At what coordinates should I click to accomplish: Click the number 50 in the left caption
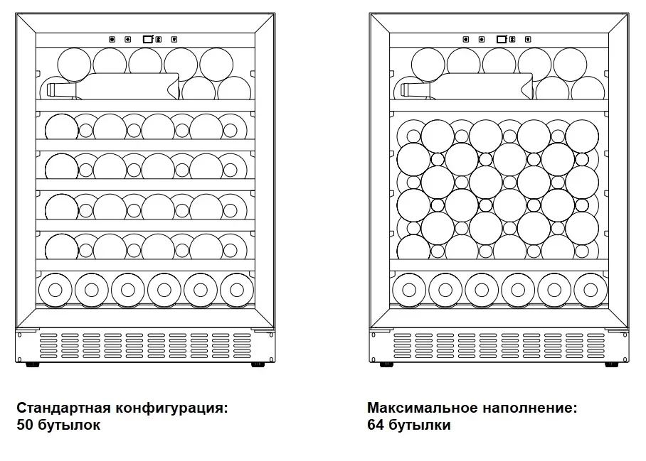click(x=25, y=425)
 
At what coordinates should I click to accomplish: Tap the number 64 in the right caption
click(x=376, y=425)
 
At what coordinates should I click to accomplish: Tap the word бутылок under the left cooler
click(x=69, y=425)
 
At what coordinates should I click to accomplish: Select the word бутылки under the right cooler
click(x=420, y=425)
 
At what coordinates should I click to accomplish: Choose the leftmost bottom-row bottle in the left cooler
click(x=55, y=289)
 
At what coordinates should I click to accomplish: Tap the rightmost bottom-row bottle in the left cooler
click(x=236, y=289)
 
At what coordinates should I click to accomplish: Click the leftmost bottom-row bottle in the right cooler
click(x=409, y=289)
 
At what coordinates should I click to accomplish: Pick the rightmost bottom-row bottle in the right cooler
click(x=590, y=289)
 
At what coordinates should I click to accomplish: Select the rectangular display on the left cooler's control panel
click(x=147, y=40)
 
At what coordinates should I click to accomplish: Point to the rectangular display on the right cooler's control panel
click(x=501, y=40)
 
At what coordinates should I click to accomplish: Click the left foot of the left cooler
click(x=31, y=365)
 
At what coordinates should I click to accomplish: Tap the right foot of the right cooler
click(x=610, y=365)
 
